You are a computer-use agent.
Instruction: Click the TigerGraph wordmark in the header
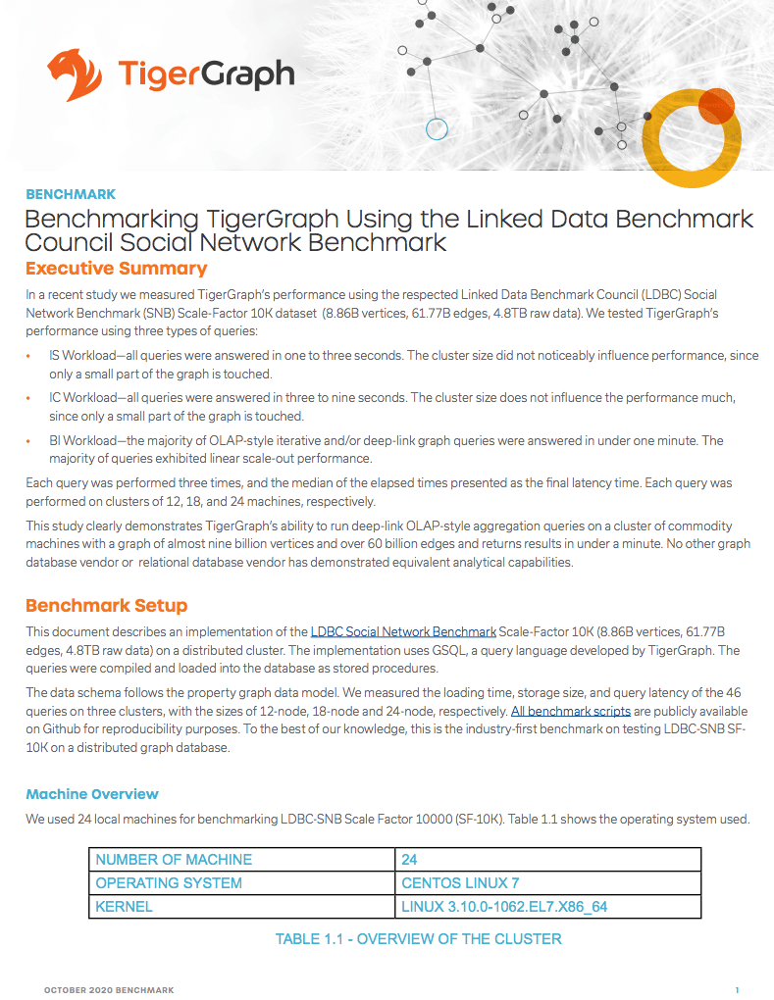click(x=205, y=75)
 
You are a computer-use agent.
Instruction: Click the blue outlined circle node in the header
click(x=437, y=128)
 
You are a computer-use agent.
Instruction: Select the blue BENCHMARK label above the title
click(x=70, y=194)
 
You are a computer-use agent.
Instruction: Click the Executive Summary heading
click(x=116, y=269)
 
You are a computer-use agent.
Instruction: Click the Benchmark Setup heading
click(x=106, y=605)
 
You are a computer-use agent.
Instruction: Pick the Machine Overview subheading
click(x=92, y=794)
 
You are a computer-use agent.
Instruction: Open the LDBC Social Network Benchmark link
click(x=403, y=631)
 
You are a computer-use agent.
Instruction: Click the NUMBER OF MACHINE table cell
click(x=174, y=860)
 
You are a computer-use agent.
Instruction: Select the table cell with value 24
click(x=409, y=860)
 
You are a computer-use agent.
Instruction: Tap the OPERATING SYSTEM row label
click(x=169, y=883)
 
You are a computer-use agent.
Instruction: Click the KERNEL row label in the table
click(x=124, y=907)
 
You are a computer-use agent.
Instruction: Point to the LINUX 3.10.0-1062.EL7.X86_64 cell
click(x=504, y=907)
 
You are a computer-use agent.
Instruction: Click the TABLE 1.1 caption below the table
click(x=418, y=939)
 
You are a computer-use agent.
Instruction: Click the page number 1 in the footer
click(x=736, y=990)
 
